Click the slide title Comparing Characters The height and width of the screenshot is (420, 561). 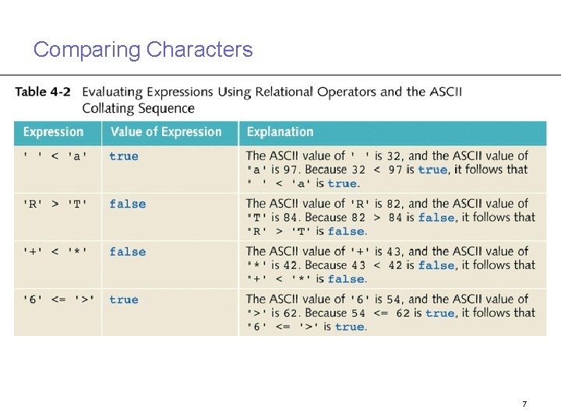pos(143,50)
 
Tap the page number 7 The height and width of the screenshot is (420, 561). pos(524,404)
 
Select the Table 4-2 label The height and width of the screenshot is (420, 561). pos(43,92)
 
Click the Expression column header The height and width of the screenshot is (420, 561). pos(53,132)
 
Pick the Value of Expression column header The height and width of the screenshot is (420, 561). pos(166,132)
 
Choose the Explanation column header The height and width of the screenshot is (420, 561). pos(280,132)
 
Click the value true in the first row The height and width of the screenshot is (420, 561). pos(124,156)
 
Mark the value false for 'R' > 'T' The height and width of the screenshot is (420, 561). pos(127,205)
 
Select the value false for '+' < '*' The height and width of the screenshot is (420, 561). pos(127,252)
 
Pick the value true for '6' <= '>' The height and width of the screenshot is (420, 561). pos(124,300)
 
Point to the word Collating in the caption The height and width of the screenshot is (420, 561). pos(109,108)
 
